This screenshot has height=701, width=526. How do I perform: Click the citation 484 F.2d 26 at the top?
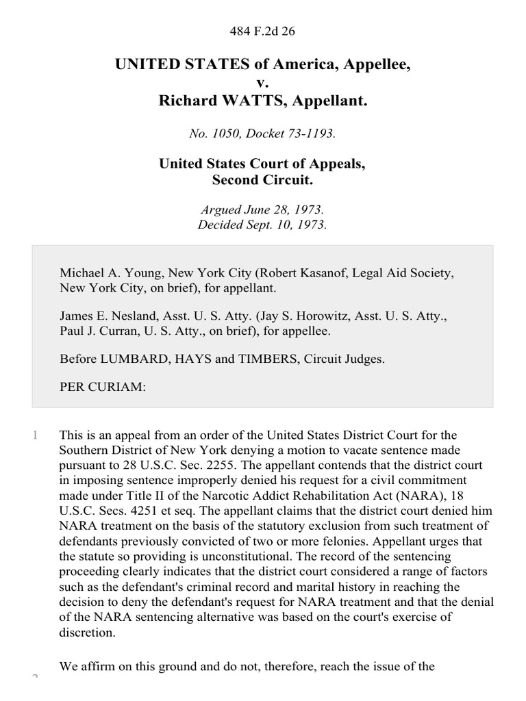click(263, 30)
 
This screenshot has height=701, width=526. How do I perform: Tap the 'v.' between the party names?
click(263, 84)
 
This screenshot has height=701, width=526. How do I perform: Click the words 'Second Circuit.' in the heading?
click(263, 180)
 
